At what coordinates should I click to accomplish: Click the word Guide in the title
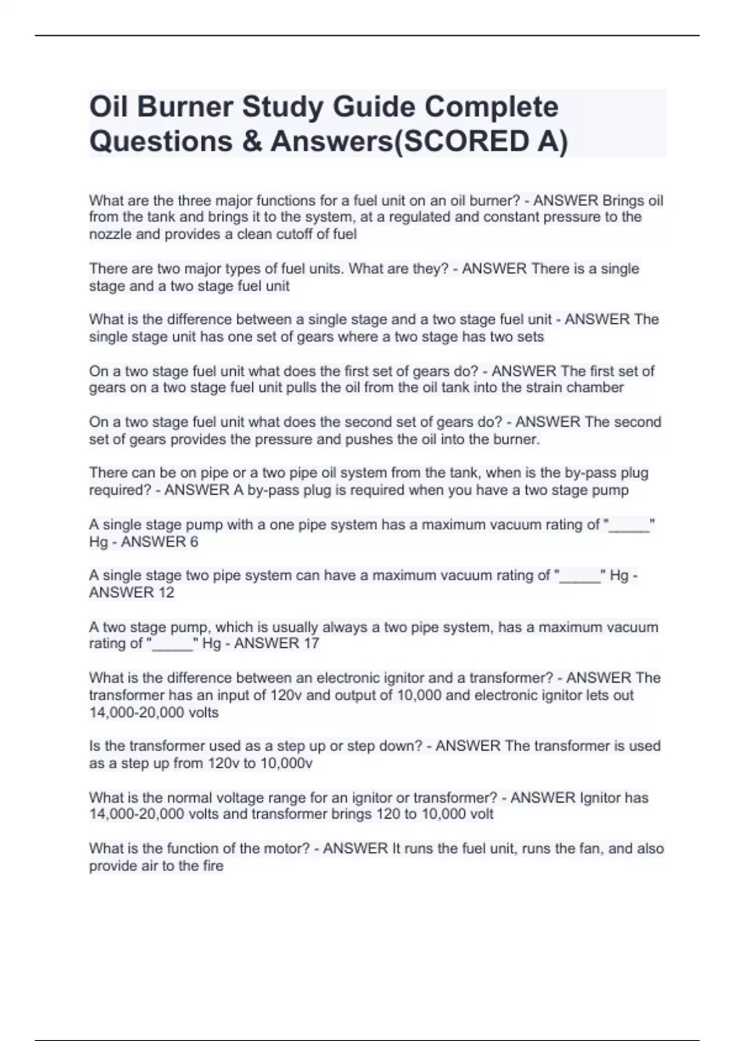(374, 108)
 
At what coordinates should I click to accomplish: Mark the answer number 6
(194, 542)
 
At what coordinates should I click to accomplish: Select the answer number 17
(311, 644)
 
